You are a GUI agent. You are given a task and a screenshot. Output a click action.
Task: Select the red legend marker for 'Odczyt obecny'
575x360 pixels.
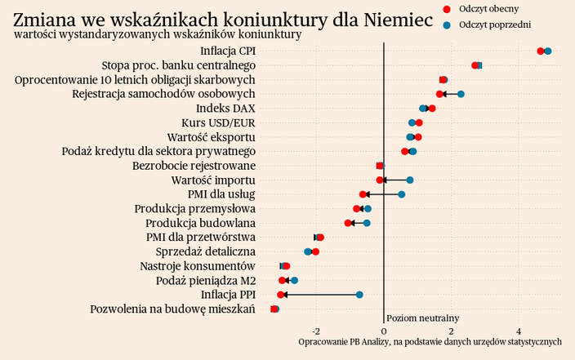[446, 8]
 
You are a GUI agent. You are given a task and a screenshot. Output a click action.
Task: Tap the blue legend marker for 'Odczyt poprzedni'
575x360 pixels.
[446, 25]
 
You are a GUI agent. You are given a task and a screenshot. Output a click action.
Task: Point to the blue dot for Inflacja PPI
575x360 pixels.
[359, 295]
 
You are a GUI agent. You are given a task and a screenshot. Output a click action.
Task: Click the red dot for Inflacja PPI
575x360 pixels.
[281, 295]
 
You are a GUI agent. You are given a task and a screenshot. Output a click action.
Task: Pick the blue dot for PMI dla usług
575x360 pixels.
[401, 194]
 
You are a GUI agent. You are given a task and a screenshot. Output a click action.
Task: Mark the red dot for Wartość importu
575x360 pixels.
[380, 180]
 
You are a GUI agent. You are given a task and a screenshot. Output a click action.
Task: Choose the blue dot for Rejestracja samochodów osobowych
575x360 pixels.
[461, 95]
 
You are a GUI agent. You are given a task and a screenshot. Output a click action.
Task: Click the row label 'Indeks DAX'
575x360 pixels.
[225, 109]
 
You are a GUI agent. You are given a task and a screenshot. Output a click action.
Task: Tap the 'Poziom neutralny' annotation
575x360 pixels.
[422, 318]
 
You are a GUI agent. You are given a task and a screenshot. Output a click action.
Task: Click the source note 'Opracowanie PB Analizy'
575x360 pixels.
[430, 341]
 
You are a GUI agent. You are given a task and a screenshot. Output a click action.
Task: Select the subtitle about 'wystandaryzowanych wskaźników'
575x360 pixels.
[158, 35]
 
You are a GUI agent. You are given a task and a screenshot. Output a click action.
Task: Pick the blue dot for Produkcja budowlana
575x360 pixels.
[367, 223]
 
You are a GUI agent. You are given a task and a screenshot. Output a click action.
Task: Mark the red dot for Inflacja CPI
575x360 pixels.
[541, 51]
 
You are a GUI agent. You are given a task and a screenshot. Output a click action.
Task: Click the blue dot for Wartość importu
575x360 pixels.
[410, 180]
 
